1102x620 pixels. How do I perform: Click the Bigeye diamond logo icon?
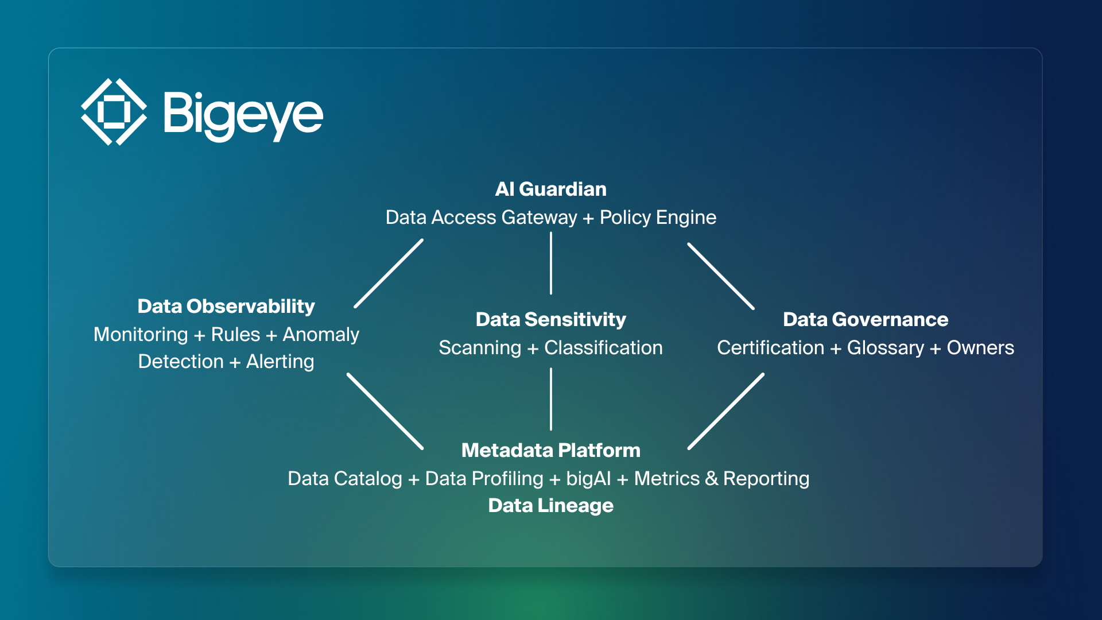(113, 112)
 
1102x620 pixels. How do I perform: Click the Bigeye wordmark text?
(243, 115)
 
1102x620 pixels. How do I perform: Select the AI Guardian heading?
(550, 189)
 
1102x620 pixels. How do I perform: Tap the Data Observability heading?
(226, 306)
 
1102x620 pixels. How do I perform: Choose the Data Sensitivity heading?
(550, 319)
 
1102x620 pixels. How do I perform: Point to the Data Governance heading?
(865, 319)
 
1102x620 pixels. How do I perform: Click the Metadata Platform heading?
(550, 450)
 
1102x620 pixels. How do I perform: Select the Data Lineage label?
(550, 505)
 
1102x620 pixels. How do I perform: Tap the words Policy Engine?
(658, 218)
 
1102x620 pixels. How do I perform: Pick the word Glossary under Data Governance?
(885, 348)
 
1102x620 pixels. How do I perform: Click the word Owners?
(980, 348)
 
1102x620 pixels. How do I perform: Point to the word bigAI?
(588, 479)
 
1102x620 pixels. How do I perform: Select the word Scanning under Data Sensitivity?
(480, 348)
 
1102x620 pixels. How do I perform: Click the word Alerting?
(280, 362)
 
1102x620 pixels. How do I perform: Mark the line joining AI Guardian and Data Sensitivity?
(551, 263)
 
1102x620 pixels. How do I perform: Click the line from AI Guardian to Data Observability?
(389, 274)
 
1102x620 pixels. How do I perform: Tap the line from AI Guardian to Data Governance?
(721, 276)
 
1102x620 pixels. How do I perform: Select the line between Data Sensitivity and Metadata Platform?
(551, 399)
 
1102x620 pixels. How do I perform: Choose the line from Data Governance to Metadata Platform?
(726, 412)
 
